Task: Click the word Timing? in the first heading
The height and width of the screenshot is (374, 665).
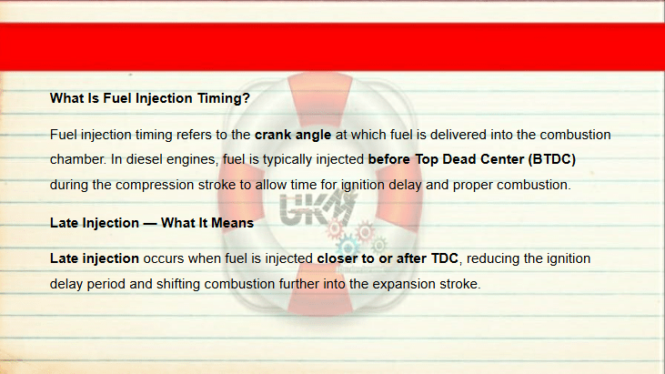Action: (224, 99)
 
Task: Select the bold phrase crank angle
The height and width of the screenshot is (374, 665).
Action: (293, 135)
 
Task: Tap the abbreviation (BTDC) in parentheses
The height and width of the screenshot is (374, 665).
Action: (552, 159)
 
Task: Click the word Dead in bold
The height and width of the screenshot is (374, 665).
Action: (457, 159)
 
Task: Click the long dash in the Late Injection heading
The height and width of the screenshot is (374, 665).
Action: (150, 224)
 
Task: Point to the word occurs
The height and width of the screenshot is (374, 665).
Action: (163, 258)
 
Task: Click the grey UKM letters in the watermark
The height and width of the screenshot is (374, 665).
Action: (316, 208)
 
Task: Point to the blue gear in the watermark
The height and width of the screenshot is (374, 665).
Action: (348, 247)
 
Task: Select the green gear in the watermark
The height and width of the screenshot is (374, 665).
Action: (378, 245)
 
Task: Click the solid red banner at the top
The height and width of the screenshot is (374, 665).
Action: (333, 46)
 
